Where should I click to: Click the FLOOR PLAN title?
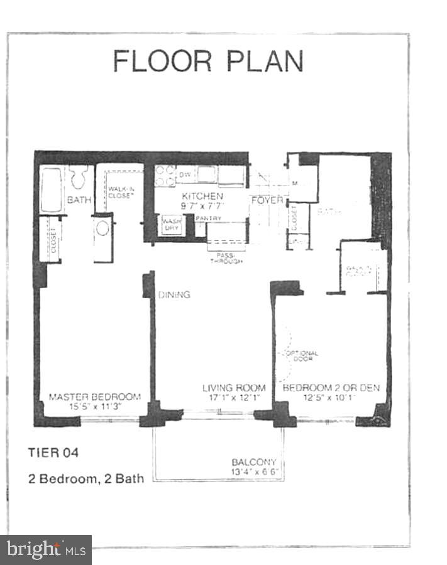[x=208, y=61]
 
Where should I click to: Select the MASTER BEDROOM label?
[x=94, y=396]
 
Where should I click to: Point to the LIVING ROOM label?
[x=233, y=388]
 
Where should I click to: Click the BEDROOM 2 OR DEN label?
[x=331, y=388]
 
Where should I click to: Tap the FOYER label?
[x=267, y=200]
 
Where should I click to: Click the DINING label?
[x=174, y=294]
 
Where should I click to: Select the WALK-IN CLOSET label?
[x=121, y=192]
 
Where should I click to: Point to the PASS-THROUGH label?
[x=224, y=258]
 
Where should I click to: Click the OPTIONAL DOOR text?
[x=303, y=356]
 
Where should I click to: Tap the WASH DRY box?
[x=171, y=225]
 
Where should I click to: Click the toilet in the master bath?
[x=79, y=178]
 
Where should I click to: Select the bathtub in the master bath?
[x=51, y=190]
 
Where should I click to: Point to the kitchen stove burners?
[x=165, y=175]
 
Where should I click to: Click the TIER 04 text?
[x=53, y=451]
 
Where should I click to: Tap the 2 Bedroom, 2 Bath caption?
[x=86, y=478]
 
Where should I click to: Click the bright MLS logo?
[x=45, y=550]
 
